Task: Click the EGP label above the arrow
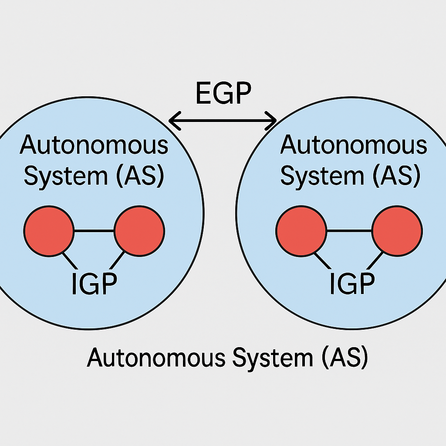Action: tap(223, 93)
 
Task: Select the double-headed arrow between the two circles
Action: tap(223, 118)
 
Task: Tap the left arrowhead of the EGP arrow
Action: tap(173, 118)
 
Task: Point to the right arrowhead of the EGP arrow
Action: tap(273, 118)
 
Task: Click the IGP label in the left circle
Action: tap(94, 284)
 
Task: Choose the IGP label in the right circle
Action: tap(352, 284)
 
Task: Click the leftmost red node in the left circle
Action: tap(49, 230)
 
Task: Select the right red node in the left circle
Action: tap(139, 230)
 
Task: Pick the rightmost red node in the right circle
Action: tap(397, 230)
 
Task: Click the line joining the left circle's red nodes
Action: tap(94, 230)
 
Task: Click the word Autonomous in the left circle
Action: tap(94, 145)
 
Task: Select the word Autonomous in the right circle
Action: tap(353, 145)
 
